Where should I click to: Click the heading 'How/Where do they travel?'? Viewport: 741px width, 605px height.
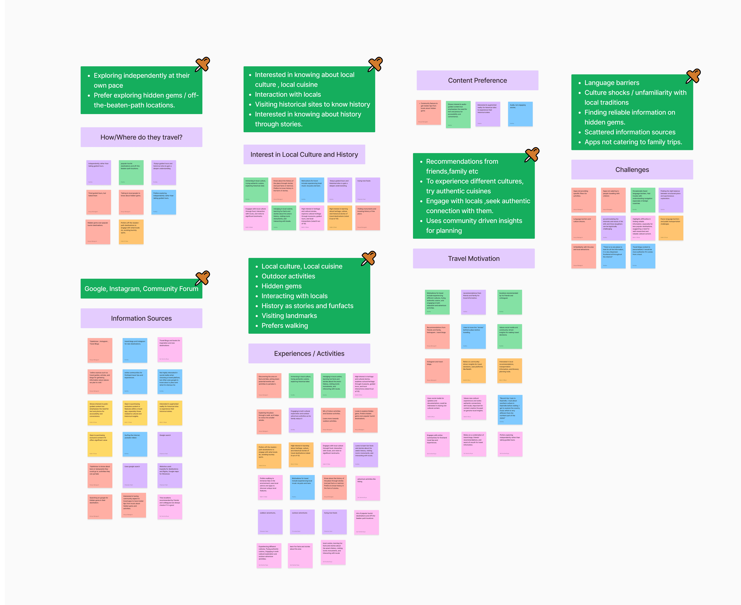click(141, 137)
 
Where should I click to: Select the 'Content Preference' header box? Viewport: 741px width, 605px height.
click(477, 81)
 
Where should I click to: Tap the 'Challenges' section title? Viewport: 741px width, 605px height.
click(632, 170)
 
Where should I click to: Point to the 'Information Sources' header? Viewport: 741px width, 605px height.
click(141, 318)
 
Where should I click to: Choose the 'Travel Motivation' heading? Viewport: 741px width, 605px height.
click(473, 259)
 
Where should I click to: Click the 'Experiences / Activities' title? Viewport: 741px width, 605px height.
click(309, 353)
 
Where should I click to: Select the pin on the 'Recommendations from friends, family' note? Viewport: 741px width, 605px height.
click(532, 154)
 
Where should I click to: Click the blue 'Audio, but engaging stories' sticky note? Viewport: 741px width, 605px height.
click(520, 114)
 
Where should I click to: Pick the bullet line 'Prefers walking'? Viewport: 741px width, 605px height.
click(285, 326)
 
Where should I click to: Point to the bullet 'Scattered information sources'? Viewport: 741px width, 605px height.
click(630, 132)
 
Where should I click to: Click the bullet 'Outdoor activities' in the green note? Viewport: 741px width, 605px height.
click(288, 276)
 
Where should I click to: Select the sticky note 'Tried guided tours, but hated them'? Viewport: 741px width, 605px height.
click(99, 202)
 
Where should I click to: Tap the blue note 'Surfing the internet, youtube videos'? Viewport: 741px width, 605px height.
click(135, 444)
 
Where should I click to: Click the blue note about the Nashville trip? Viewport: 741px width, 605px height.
click(510, 409)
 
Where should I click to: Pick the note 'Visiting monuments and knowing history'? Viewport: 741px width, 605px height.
click(368, 218)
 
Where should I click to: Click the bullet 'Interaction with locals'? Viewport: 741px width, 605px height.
click(288, 94)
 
